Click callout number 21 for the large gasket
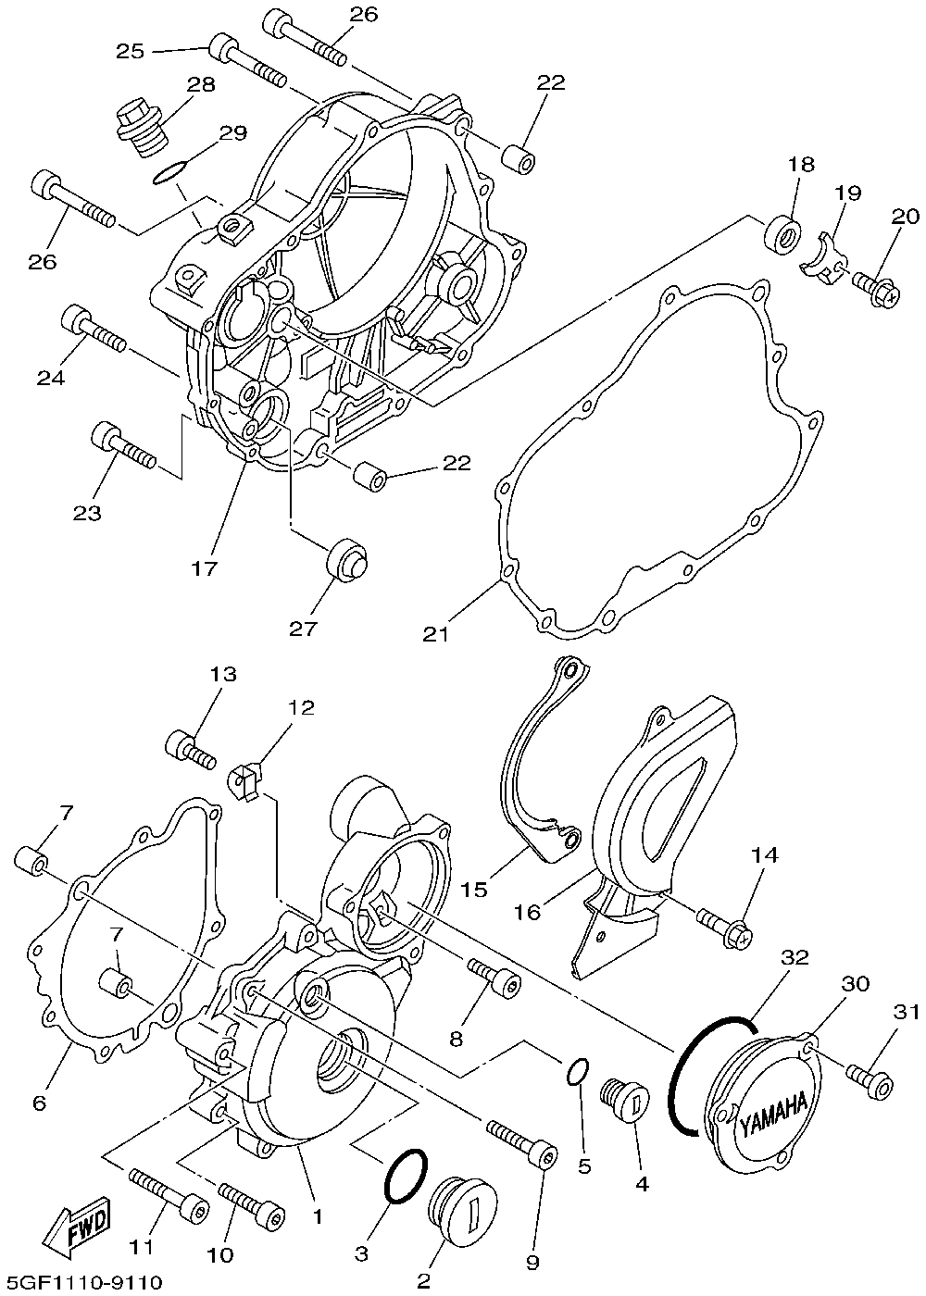click(x=436, y=635)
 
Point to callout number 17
click(x=204, y=568)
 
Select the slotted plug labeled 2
click(x=464, y=1205)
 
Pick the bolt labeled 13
click(x=191, y=749)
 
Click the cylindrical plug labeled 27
click(x=348, y=559)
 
